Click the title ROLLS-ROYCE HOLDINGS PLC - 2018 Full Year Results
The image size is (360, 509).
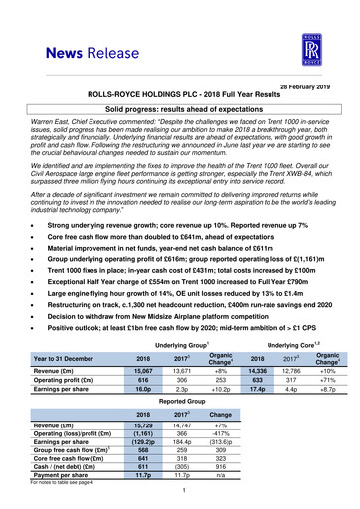point(180,97)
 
